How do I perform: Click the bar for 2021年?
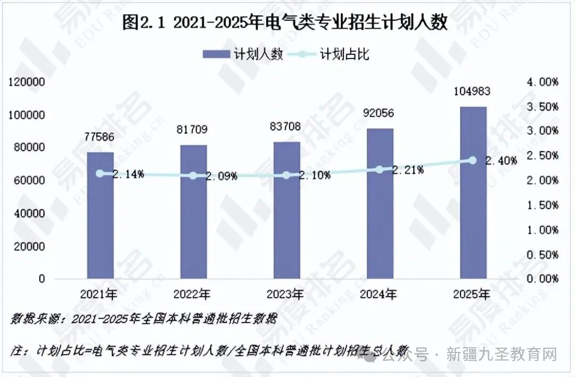click(100, 215)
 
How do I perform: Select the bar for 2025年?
click(473, 192)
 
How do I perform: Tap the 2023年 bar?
click(286, 210)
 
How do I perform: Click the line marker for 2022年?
click(193, 176)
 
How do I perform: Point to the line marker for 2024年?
click(380, 169)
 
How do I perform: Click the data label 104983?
click(472, 92)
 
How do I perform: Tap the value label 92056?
click(380, 113)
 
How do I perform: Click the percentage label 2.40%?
click(500, 160)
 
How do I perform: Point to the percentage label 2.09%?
click(220, 176)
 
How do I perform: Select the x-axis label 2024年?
click(378, 293)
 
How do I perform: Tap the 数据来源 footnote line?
click(144, 319)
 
